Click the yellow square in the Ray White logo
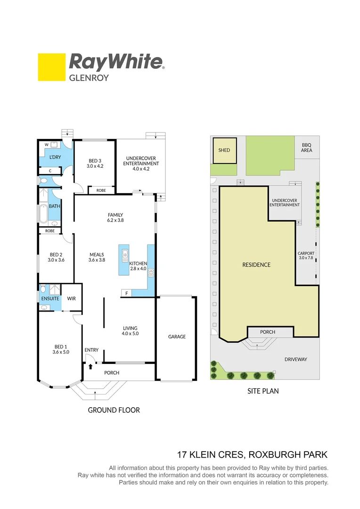(51, 67)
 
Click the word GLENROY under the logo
(89, 78)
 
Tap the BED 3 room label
(94, 160)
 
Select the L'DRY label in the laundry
(55, 157)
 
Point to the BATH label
(55, 206)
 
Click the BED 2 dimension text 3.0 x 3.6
(56, 260)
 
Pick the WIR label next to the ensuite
(71, 298)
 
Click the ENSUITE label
(50, 298)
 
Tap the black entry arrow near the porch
(90, 366)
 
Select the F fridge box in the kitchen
(126, 294)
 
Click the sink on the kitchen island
(125, 256)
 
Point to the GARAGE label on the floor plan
(177, 337)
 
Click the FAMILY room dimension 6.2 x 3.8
(115, 220)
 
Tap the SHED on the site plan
(224, 150)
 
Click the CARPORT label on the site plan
(306, 253)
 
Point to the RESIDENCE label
(256, 265)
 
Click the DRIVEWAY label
(295, 359)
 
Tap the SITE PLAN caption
(263, 391)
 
